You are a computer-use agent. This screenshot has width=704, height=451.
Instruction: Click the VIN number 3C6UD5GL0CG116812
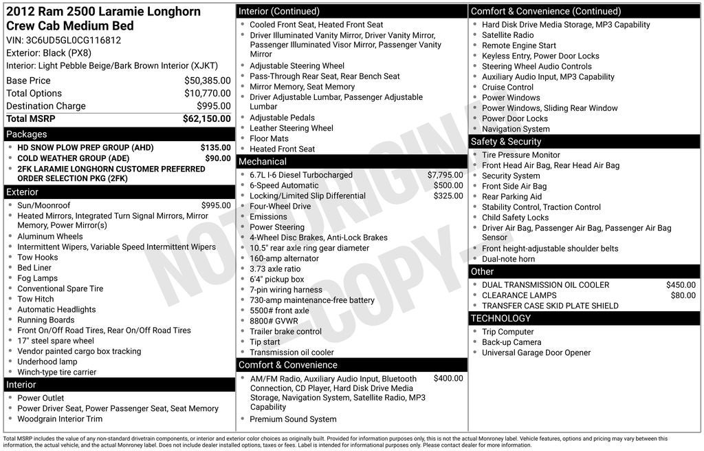74,40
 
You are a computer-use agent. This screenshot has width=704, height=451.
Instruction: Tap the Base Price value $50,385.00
207,81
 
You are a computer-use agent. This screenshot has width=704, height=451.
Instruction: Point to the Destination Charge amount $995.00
214,106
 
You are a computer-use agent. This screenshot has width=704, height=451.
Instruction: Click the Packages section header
27,134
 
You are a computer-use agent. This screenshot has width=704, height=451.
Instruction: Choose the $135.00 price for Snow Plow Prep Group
215,147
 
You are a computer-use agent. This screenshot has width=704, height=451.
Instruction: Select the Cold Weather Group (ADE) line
73,158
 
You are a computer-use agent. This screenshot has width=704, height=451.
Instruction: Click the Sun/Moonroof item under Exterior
44,205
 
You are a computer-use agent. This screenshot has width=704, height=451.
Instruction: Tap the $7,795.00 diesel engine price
445,175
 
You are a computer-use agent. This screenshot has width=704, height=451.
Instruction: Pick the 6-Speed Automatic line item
284,185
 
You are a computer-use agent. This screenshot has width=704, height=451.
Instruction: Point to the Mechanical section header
262,162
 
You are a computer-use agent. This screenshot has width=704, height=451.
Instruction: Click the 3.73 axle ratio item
275,269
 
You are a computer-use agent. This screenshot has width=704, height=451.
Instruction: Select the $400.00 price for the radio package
448,379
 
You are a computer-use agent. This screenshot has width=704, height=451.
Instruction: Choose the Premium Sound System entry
293,419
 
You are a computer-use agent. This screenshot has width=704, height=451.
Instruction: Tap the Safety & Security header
506,142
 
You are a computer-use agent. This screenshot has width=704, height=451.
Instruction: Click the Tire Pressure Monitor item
521,155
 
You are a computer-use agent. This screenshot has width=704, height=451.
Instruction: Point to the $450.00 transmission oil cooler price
681,285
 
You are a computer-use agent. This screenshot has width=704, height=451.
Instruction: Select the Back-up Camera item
511,342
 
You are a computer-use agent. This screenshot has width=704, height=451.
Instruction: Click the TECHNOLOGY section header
500,319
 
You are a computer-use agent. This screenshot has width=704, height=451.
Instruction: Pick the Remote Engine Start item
519,45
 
